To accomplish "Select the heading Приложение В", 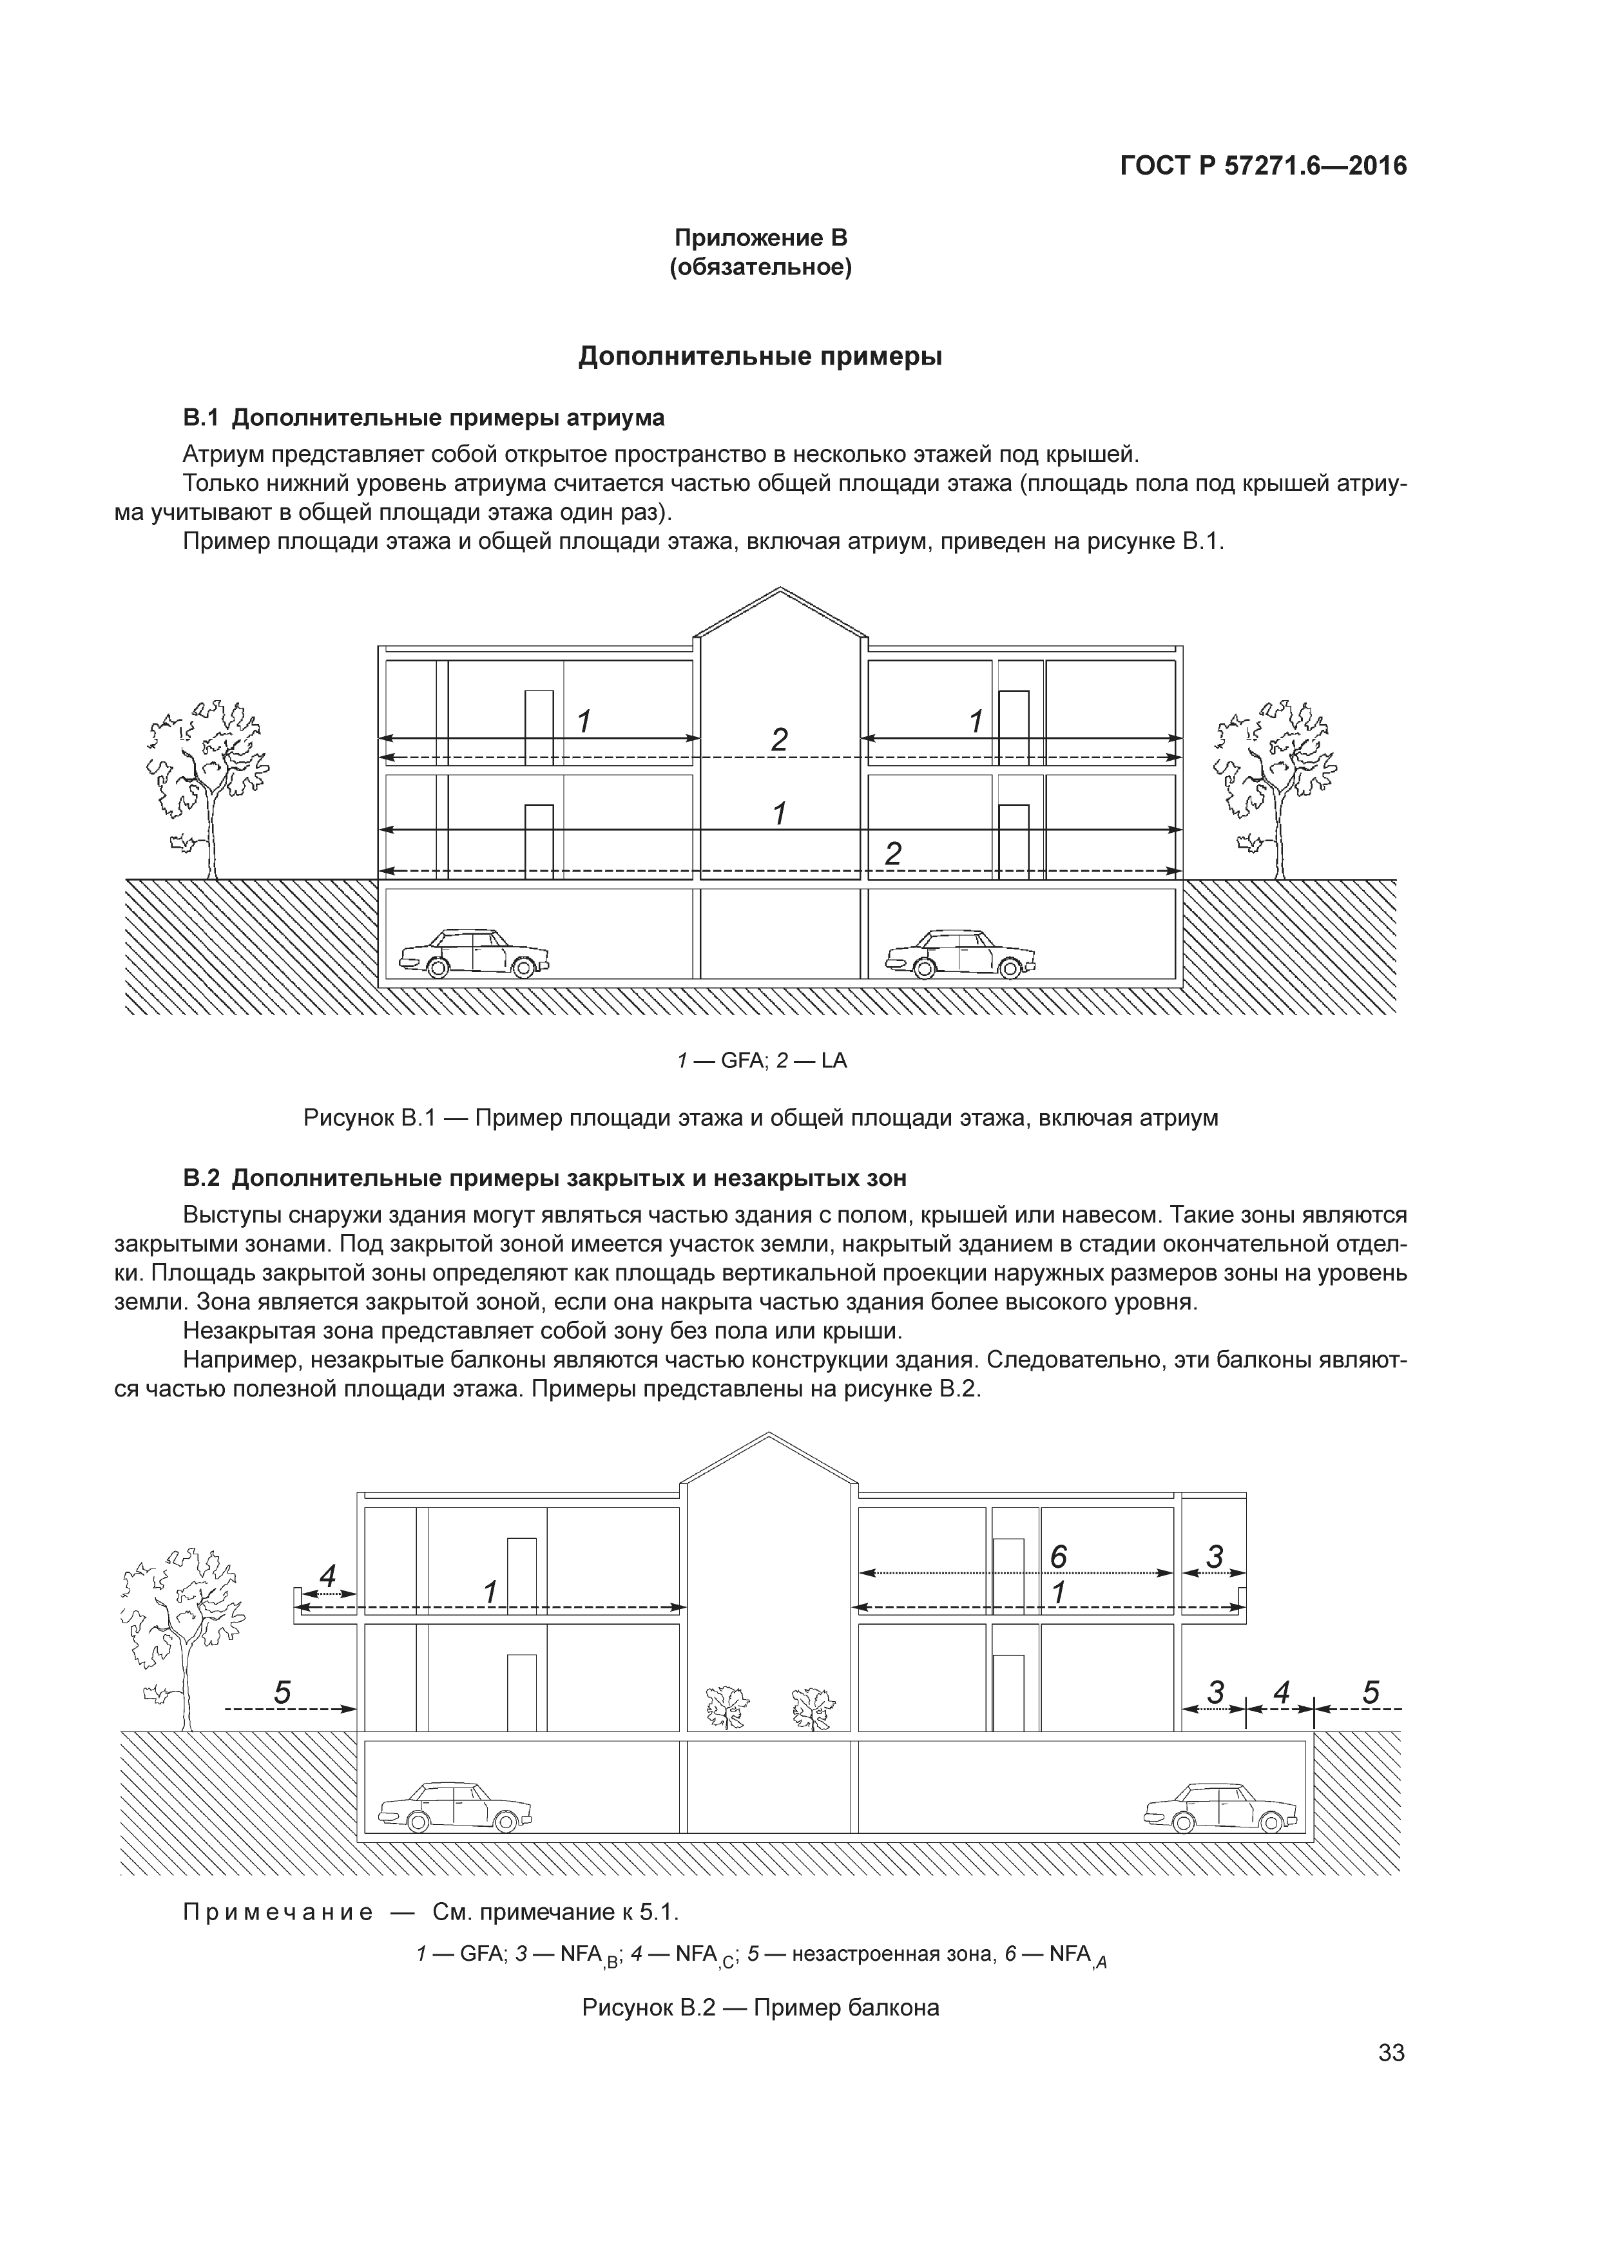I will click(x=760, y=238).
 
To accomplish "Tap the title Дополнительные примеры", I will click(x=760, y=356).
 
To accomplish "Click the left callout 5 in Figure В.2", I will click(x=282, y=1692).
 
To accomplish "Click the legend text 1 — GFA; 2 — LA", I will click(x=760, y=1061).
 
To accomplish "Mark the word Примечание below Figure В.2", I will click(x=278, y=1912).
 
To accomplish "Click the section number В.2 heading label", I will click(x=201, y=1177).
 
